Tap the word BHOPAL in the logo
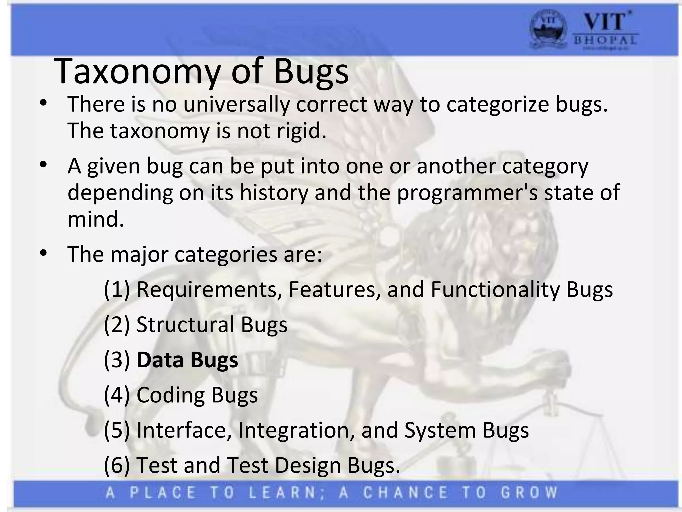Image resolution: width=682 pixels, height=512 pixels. coord(605,41)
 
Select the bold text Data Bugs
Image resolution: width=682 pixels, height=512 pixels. coord(187,360)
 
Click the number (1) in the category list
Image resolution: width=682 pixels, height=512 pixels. coord(117,289)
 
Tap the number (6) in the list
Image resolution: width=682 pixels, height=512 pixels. coord(117,465)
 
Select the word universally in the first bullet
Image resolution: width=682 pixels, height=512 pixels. coord(236,104)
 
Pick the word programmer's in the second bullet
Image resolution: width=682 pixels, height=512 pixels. coord(467,193)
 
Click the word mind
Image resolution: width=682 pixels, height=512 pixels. coord(96,219)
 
